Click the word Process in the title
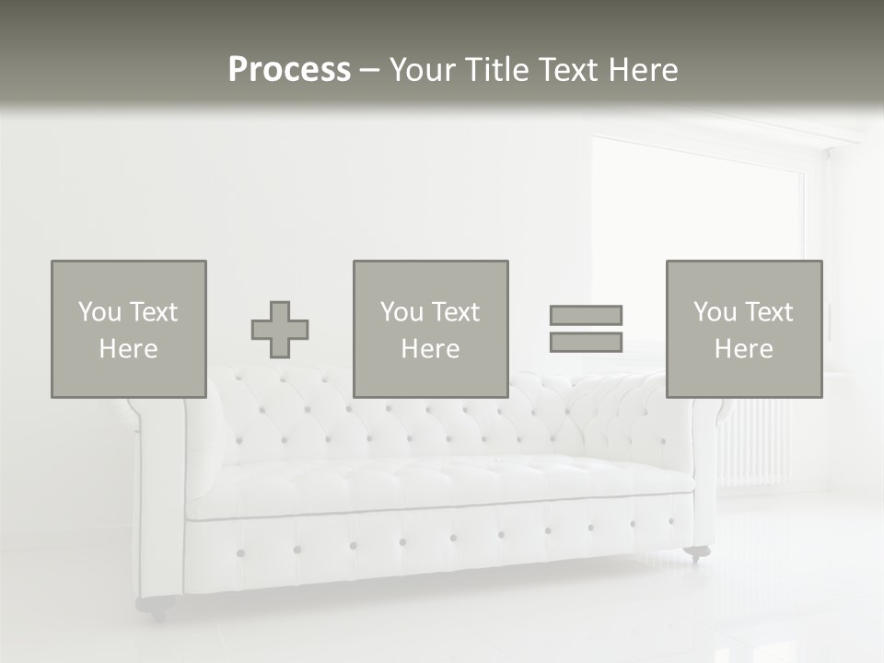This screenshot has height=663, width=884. coord(289,70)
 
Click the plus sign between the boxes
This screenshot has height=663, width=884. coord(280,330)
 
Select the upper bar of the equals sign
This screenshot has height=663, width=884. coord(586,315)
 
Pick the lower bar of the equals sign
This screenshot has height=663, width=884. coord(586,342)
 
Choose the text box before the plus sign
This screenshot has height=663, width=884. coord(129,329)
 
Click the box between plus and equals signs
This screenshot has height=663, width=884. coord(431,329)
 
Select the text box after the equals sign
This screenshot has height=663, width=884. coord(744,329)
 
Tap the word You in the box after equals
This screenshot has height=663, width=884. coord(715,312)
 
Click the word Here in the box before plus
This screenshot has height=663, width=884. coord(129,349)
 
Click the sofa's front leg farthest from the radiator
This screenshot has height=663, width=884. coord(155,605)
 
